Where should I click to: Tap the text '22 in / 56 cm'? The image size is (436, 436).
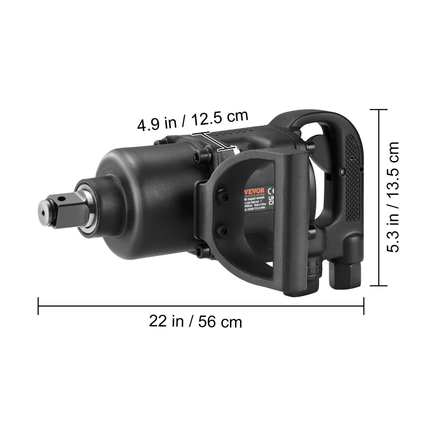pyautogui.click(x=195, y=321)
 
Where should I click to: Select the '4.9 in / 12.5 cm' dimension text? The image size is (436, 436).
pyautogui.click(x=192, y=120)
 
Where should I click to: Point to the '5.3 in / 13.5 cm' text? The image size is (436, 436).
pyautogui.click(x=394, y=197)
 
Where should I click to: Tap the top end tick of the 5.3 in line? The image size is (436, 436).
pyautogui.click(x=378, y=110)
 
